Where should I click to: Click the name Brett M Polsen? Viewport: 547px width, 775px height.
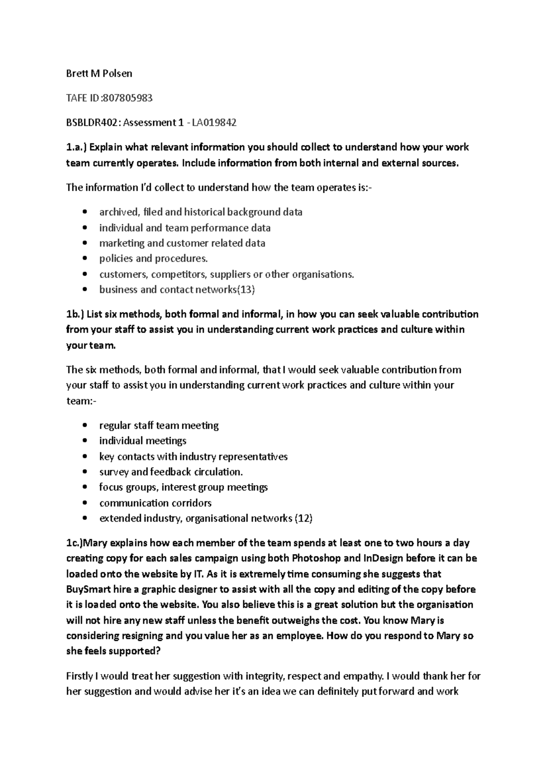coord(99,73)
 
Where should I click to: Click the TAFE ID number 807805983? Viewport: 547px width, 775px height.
coord(128,98)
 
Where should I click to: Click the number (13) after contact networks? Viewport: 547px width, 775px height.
coord(247,289)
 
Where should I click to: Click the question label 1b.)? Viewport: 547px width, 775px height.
coord(75,314)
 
